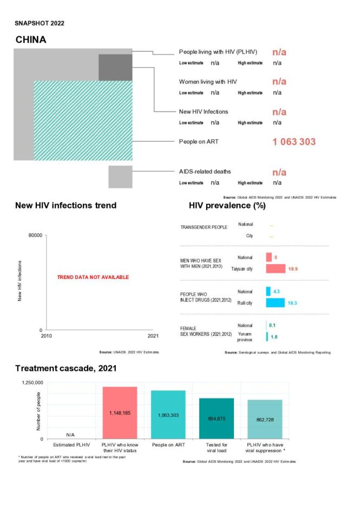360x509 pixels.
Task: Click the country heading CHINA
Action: [31, 40]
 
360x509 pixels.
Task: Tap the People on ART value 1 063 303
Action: [293, 142]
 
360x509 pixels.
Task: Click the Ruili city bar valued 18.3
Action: [275, 303]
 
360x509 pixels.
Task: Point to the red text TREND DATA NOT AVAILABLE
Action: [93, 277]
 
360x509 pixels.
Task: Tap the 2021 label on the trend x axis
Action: [153, 336]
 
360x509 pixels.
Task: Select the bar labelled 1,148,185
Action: [120, 413]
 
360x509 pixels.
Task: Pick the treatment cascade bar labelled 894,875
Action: [217, 418]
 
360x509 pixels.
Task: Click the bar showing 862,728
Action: [265, 419]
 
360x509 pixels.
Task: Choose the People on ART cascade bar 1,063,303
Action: [168, 414]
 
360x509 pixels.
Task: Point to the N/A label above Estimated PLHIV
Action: [70, 435]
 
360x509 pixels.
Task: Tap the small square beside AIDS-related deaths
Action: [120, 177]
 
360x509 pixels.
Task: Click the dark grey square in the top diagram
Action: [115, 67]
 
